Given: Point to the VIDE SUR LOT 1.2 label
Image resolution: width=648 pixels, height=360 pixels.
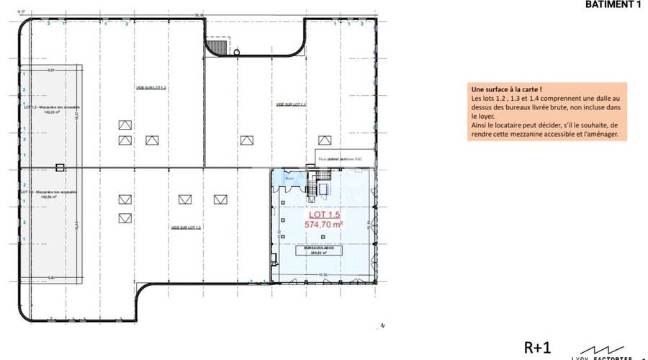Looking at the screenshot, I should click(150, 87).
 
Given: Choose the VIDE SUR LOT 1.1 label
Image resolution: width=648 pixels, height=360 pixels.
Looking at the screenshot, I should click(291, 104).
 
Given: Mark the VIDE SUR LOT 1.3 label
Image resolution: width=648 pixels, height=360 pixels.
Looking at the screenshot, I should click(185, 227).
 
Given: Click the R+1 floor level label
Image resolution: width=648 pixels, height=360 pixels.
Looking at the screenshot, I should click(537, 348).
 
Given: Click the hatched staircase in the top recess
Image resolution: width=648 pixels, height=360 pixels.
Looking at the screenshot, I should click(215, 45).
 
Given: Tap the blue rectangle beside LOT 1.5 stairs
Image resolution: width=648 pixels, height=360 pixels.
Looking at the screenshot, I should click(323, 188).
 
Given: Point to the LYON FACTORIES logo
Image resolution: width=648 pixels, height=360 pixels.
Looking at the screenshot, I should click(602, 352).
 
